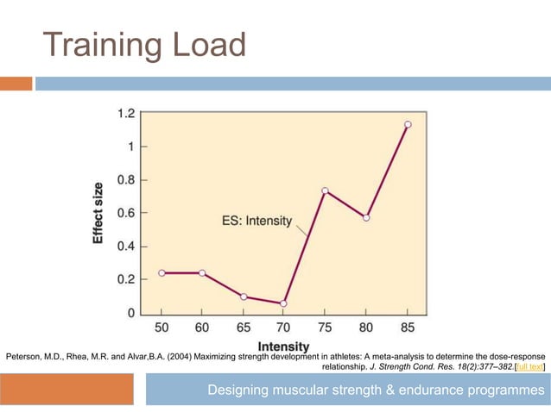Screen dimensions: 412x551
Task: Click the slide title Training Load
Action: click(144, 44)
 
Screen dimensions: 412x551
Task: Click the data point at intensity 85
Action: click(408, 124)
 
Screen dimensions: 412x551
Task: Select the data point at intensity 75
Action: click(325, 190)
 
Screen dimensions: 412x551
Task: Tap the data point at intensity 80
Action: click(366, 217)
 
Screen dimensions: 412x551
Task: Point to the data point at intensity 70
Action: click(283, 303)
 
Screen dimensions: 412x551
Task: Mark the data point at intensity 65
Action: click(244, 297)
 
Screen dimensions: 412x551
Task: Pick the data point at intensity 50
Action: click(161, 273)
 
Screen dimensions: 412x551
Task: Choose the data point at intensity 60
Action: click(202, 273)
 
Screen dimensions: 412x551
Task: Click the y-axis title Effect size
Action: click(98, 213)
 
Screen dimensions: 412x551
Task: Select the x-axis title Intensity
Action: click(284, 347)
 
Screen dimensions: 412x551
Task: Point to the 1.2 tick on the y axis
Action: click(126, 113)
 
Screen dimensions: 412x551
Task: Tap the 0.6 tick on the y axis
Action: click(126, 213)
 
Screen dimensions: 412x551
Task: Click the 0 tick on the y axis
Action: click(131, 313)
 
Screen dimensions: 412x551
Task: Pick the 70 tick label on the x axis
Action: click(283, 329)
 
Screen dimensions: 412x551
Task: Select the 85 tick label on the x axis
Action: click(408, 329)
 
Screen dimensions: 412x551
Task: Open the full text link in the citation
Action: click(529, 366)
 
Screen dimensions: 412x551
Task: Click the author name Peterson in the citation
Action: click(23, 355)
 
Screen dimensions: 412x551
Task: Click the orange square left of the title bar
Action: click(16, 84)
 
